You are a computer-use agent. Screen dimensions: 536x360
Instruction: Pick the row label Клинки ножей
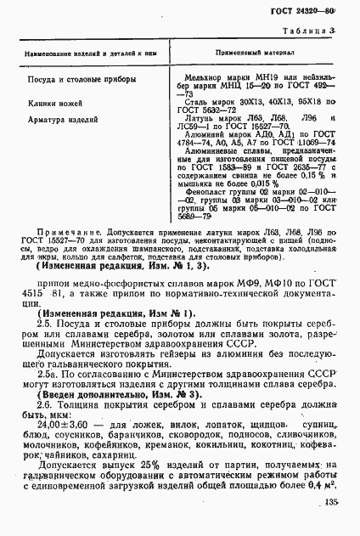pyautogui.click(x=53, y=103)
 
